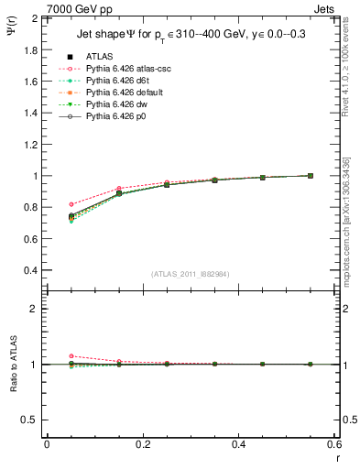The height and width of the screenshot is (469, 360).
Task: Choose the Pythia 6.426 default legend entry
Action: (124, 93)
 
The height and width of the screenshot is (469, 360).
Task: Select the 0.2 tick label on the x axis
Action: (142, 443)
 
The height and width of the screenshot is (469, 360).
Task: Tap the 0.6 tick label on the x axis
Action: (333, 443)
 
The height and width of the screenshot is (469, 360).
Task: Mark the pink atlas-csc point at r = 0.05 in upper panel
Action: (71, 204)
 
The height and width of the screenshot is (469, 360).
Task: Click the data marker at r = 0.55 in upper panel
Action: (310, 176)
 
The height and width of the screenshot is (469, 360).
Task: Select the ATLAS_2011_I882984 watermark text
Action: (190, 274)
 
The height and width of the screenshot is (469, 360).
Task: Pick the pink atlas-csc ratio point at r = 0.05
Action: (71, 356)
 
